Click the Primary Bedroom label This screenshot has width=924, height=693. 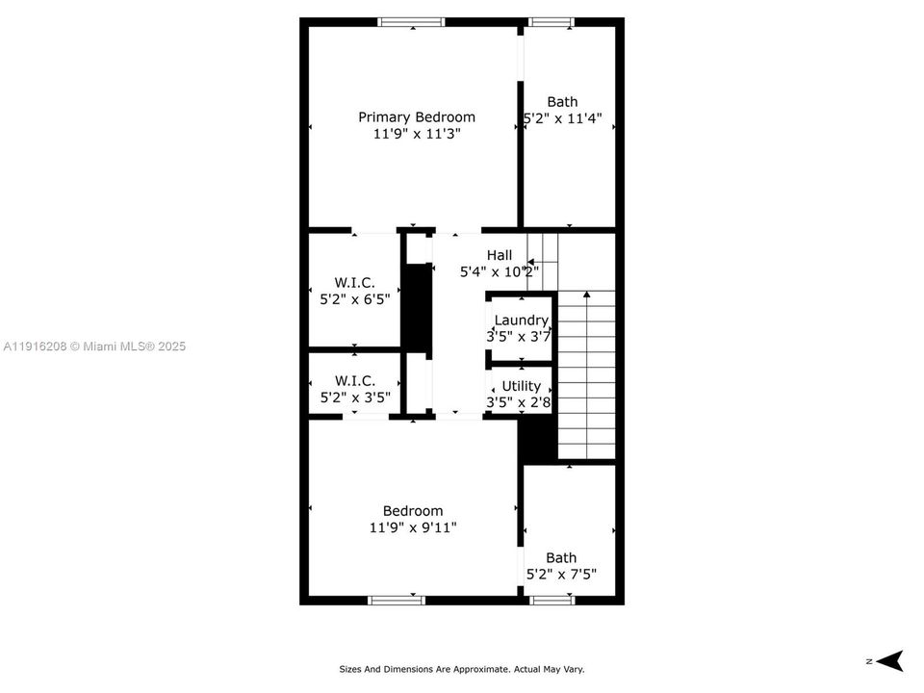[x=417, y=117]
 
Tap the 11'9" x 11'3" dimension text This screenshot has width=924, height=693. [x=417, y=135]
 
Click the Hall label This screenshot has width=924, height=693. [x=500, y=255]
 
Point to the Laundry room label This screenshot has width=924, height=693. [x=521, y=321]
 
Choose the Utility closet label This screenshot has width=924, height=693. [x=521, y=386]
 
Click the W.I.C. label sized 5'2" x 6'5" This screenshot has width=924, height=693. [x=354, y=282]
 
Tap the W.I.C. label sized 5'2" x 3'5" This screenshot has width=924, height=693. [x=354, y=381]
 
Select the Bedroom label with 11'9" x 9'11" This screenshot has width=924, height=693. [x=413, y=511]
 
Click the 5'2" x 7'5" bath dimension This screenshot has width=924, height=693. [x=561, y=575]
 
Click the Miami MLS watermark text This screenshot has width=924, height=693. [x=94, y=346]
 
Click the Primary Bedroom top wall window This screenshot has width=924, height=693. [x=411, y=22]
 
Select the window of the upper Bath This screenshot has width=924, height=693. [x=552, y=22]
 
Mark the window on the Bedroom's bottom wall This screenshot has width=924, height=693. [x=397, y=600]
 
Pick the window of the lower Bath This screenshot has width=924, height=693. [x=552, y=600]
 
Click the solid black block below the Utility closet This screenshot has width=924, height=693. [x=538, y=439]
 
